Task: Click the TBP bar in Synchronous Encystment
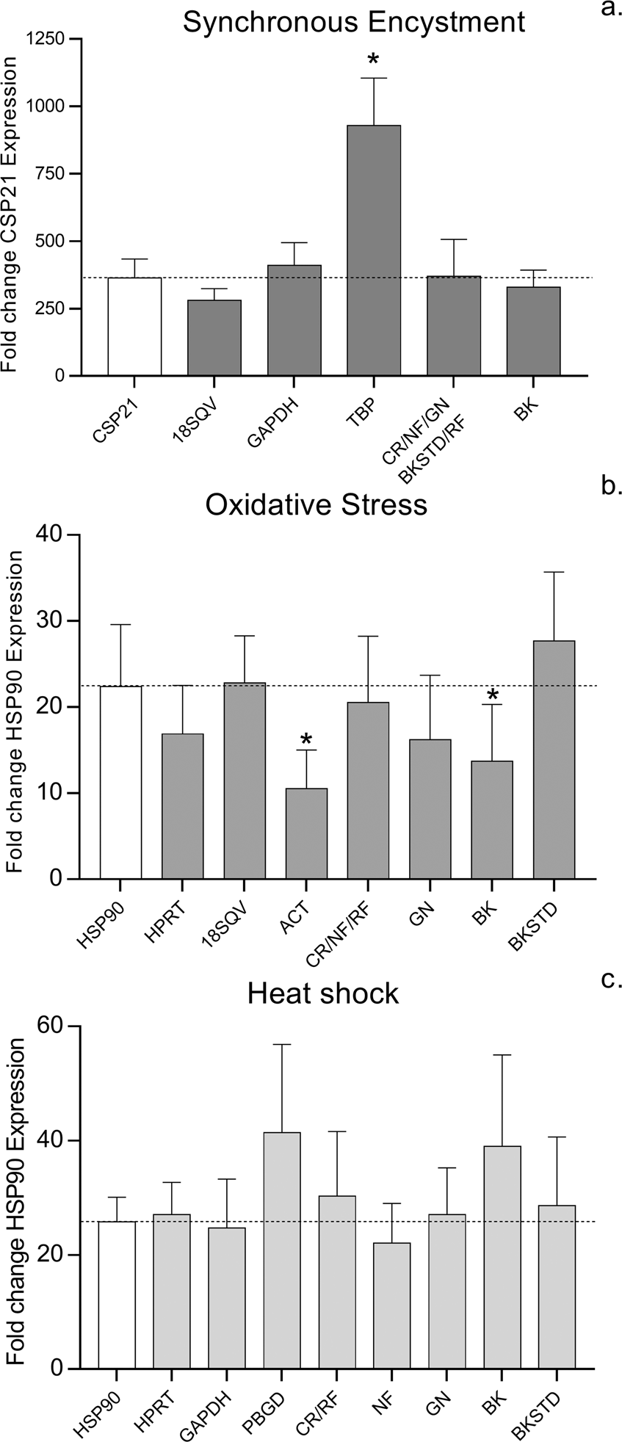tap(374, 250)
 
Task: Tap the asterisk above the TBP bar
tap(374, 59)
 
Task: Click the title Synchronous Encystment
tap(354, 21)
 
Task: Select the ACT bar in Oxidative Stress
tap(306, 833)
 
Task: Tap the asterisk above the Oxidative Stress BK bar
tap(492, 695)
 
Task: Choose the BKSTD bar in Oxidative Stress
tap(554, 759)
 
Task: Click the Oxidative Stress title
tap(317, 504)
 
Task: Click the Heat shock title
tap(322, 993)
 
